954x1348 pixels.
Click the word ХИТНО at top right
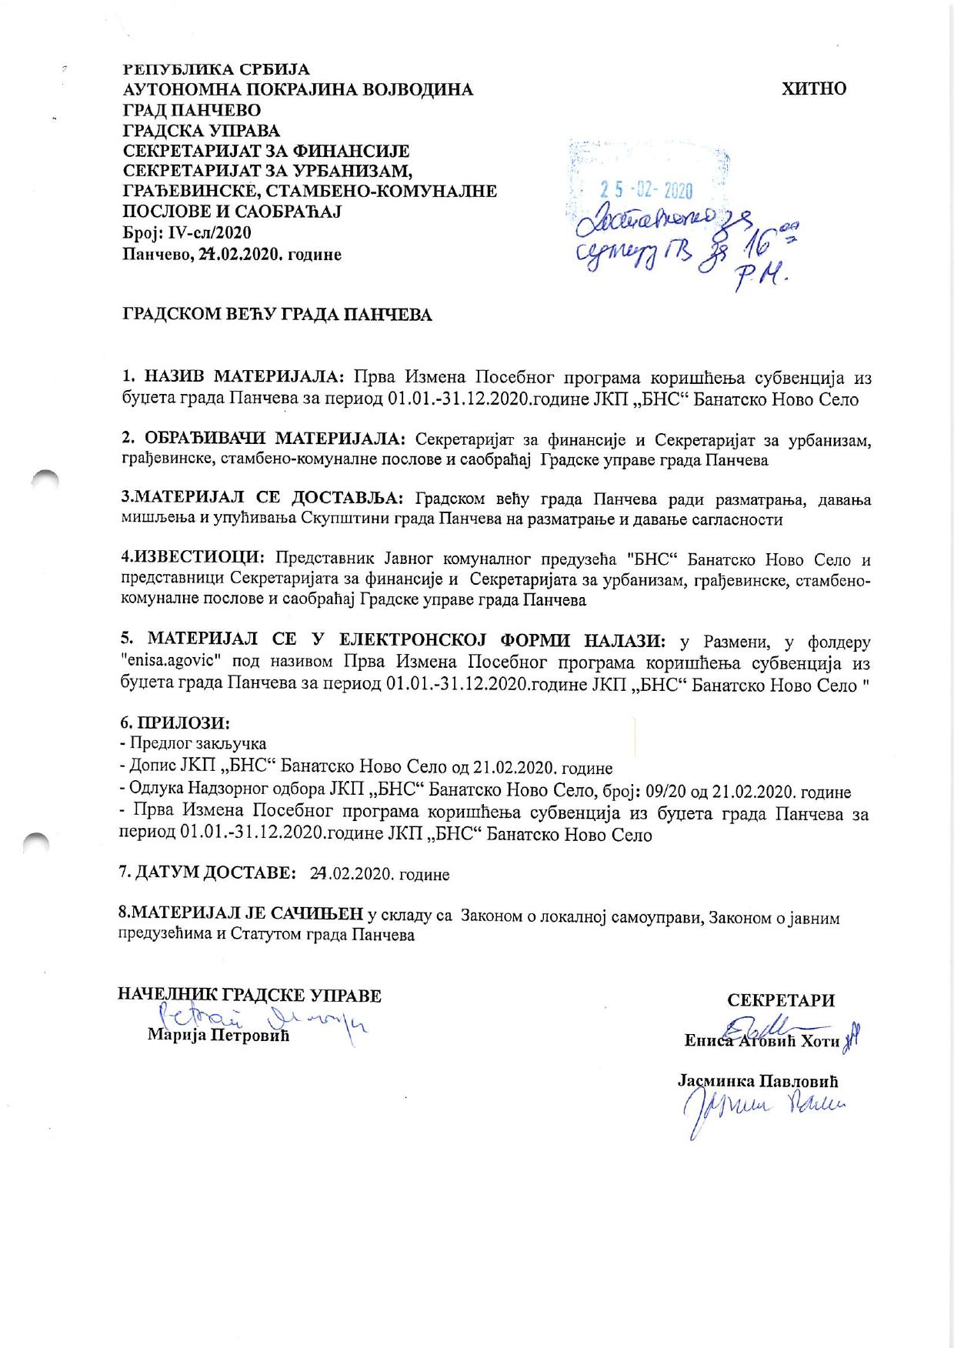(814, 88)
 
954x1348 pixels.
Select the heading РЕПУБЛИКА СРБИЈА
(216, 70)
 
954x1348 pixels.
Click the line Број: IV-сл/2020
(187, 232)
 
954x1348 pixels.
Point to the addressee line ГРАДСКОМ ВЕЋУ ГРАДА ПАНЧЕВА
(278, 315)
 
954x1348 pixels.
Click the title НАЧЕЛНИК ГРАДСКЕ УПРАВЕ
(249, 995)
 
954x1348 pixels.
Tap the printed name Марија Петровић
(218, 1035)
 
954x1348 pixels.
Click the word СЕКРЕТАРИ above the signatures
(781, 1000)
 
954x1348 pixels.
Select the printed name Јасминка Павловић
(758, 1080)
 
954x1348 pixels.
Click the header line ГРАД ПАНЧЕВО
(192, 110)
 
